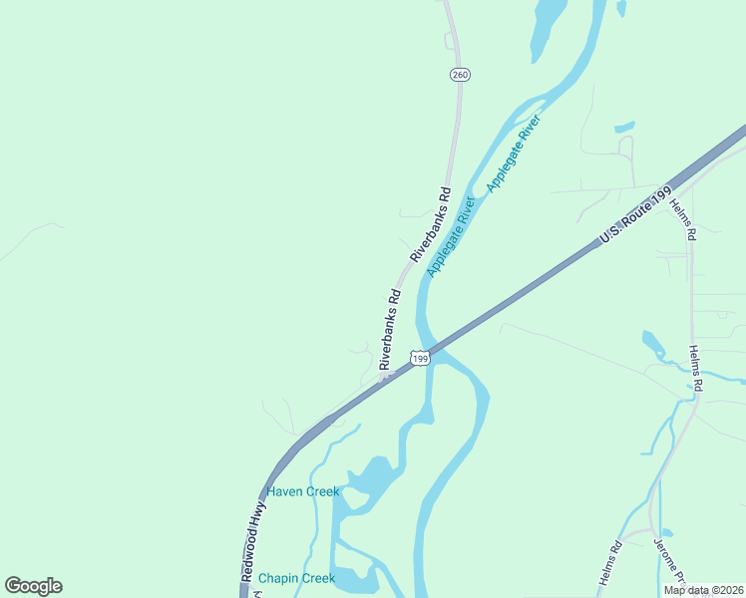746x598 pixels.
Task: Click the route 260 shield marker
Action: coord(460,75)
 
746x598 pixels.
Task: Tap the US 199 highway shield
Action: coord(420,357)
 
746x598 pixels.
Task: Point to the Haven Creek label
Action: coord(302,491)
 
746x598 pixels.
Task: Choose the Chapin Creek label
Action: coord(296,578)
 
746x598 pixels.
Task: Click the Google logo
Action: coord(33,586)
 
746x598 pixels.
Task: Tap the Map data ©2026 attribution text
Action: coord(703,590)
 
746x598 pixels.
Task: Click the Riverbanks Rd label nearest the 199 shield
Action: coord(389,329)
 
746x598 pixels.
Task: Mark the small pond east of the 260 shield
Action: coord(624,128)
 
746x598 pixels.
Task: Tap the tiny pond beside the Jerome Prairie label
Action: coord(667,533)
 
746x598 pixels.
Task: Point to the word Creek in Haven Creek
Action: coord(321,491)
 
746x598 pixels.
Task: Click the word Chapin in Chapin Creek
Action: coord(276,578)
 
